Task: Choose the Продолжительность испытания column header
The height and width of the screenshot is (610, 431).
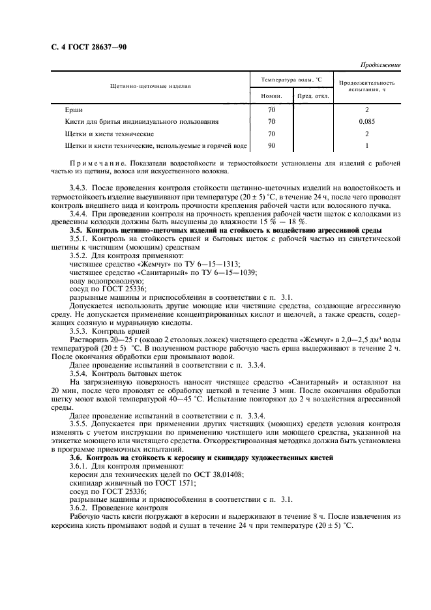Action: coord(366,86)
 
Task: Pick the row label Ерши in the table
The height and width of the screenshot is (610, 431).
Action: coord(74,109)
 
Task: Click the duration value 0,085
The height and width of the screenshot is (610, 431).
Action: coord(366,122)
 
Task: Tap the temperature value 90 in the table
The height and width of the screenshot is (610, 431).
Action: coord(271,146)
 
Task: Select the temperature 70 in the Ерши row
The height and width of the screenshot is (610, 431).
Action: coord(271,109)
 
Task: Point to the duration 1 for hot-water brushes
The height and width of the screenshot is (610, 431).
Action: coord(366,146)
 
